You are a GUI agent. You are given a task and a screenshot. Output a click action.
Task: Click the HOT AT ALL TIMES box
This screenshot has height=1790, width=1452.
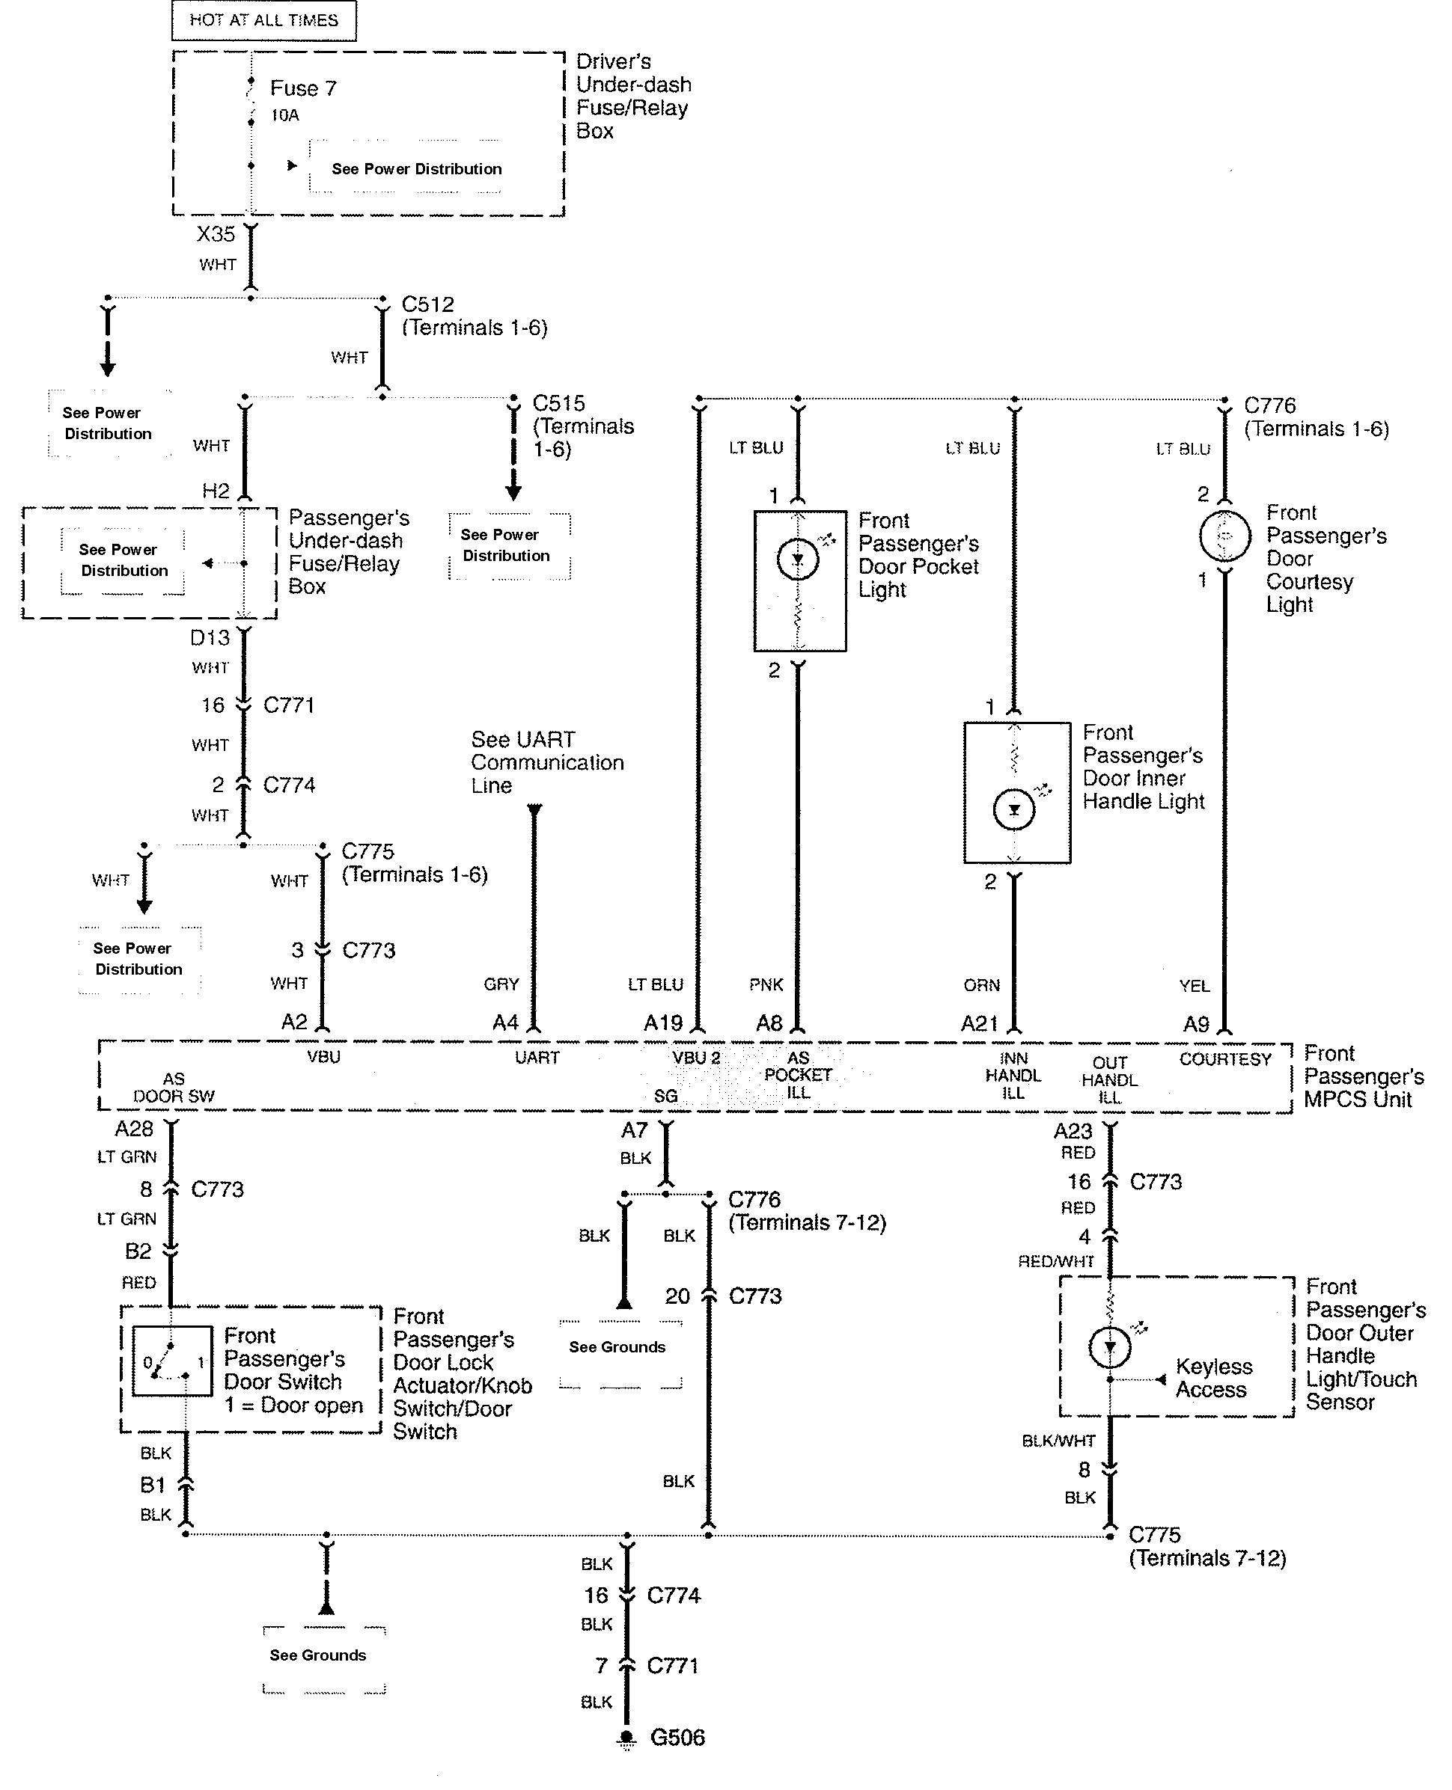263,20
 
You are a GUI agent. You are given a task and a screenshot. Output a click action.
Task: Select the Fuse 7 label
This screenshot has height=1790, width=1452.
303,88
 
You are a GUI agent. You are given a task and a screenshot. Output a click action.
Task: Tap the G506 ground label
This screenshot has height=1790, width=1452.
677,1738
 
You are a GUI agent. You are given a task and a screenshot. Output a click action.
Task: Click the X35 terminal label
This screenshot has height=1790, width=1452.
216,234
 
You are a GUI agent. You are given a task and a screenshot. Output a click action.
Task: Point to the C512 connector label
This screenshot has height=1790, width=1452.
427,304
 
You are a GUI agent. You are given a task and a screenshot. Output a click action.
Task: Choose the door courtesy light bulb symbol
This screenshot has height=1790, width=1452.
1224,536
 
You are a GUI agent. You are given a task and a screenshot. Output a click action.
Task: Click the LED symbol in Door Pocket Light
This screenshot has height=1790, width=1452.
797,560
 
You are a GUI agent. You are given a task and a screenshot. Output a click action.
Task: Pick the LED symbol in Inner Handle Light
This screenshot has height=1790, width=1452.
1013,809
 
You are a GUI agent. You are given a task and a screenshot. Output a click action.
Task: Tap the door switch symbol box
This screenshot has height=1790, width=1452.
172,1361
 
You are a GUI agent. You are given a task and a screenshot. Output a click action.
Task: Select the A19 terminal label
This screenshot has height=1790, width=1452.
662,1023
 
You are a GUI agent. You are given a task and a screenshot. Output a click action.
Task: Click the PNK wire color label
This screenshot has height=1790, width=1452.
766,985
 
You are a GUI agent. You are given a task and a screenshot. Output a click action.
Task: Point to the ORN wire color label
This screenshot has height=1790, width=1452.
981,986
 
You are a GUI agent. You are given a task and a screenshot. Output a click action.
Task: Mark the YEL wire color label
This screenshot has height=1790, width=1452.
1194,987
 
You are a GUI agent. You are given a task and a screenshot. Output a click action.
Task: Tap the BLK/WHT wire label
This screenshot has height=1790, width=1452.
1058,1441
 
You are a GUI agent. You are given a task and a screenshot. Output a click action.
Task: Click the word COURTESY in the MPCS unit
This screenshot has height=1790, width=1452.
1224,1059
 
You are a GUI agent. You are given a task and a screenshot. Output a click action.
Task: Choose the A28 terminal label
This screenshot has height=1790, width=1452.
134,1130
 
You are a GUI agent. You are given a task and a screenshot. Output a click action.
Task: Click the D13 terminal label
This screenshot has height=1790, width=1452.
209,638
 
